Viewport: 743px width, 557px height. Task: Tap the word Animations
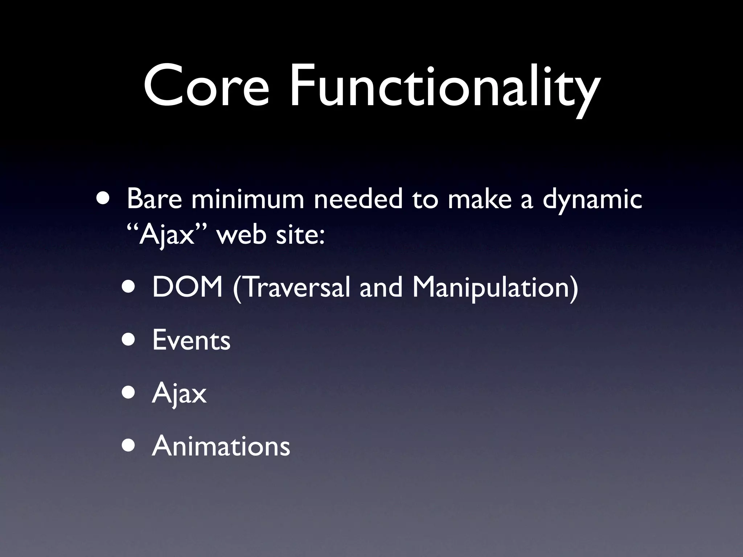tap(221, 446)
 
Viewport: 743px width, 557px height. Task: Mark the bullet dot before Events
tap(130, 340)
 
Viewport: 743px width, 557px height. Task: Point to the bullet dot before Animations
tap(130, 446)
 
